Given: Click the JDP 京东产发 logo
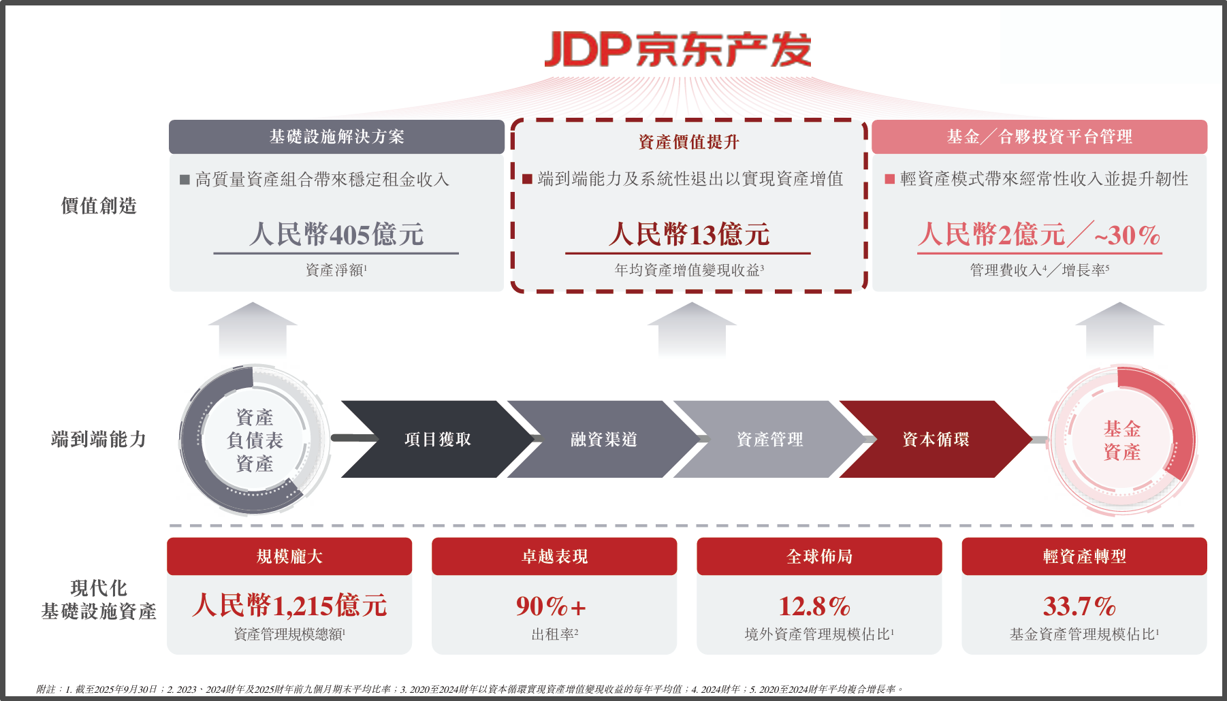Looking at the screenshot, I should pyautogui.click(x=678, y=49).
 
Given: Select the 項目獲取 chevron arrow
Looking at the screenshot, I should pyautogui.click(x=437, y=440).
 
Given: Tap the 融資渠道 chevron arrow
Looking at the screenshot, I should pyautogui.click(x=603, y=440).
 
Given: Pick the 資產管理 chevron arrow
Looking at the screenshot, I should pyautogui.click(x=769, y=440).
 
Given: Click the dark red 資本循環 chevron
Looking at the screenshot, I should pyautogui.click(x=936, y=440).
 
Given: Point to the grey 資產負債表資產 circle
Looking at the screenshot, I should pyautogui.click(x=254, y=440).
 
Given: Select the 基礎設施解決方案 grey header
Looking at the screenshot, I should pyautogui.click(x=336, y=137).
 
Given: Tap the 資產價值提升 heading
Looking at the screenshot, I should pyautogui.click(x=688, y=142).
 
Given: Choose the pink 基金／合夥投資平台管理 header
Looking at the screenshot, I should pyautogui.click(x=1039, y=137).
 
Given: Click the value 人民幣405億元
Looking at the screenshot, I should pyautogui.click(x=336, y=235).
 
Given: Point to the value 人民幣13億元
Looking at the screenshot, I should pyautogui.click(x=688, y=235).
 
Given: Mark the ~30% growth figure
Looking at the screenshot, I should pyautogui.click(x=1127, y=235).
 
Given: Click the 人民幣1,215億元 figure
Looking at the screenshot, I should pyautogui.click(x=289, y=605).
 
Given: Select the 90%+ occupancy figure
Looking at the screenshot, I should pyautogui.click(x=551, y=606).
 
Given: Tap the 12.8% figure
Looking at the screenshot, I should pyautogui.click(x=814, y=606).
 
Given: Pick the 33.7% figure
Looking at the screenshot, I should pyautogui.click(x=1079, y=606).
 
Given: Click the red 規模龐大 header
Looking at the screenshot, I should pyautogui.click(x=289, y=556).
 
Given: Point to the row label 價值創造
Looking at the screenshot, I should pyautogui.click(x=99, y=206).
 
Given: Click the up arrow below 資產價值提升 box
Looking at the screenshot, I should pyautogui.click(x=691, y=329).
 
